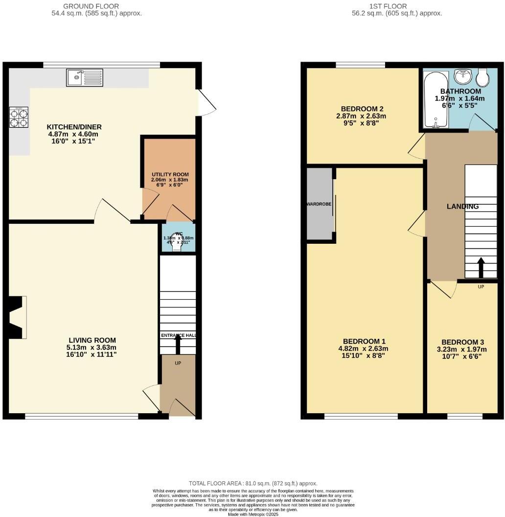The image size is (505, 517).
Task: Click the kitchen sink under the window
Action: point(85,77)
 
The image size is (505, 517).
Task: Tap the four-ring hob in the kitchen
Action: point(19,117)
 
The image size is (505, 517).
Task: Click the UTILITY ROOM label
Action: point(170,174)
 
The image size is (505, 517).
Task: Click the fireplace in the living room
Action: point(16,317)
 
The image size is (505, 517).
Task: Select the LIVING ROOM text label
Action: point(92,340)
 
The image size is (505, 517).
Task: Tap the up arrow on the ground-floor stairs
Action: point(178,344)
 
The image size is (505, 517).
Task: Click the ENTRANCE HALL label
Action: point(178,335)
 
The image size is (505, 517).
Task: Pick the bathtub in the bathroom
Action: point(435,100)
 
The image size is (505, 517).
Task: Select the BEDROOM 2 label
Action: point(362,109)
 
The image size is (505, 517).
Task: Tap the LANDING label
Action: point(462,207)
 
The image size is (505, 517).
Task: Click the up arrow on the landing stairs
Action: point(481,267)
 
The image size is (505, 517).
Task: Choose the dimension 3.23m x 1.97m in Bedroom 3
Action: point(464,350)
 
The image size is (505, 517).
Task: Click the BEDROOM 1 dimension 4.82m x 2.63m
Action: point(365,349)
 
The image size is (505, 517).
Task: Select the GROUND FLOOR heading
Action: point(91,6)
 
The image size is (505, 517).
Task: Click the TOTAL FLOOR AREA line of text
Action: point(253,483)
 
